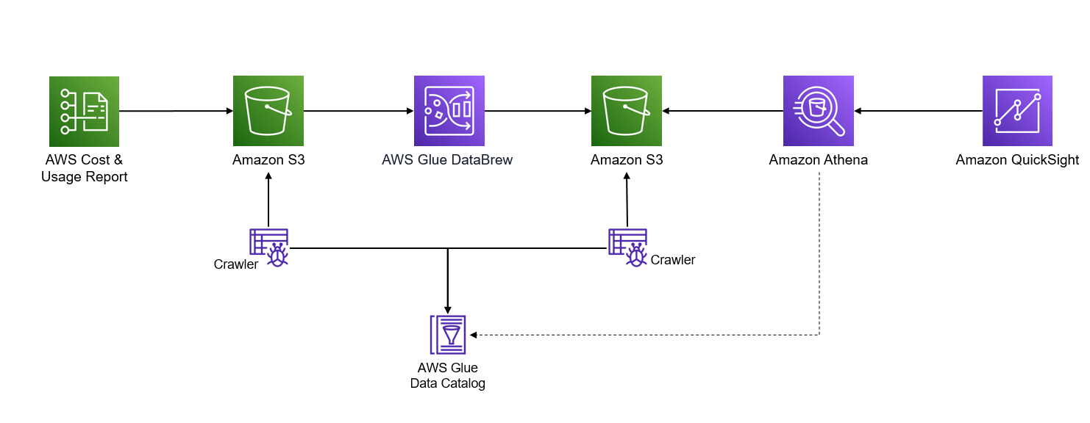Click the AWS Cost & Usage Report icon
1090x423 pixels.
tap(84, 111)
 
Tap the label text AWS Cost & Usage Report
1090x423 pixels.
tap(84, 168)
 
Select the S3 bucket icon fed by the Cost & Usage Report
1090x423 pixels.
tap(268, 111)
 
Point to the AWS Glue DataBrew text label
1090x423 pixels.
tap(447, 159)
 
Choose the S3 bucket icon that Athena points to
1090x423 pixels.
tap(627, 111)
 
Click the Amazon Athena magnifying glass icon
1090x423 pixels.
tap(818, 111)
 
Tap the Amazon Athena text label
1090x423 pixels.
tap(818, 159)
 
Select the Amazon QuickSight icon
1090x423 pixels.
tap(1017, 111)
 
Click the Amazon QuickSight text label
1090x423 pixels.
tap(1017, 159)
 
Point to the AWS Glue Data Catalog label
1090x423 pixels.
tap(447, 375)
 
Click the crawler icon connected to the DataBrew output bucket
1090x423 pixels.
tap(627, 247)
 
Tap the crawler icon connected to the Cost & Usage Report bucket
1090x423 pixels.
tap(269, 247)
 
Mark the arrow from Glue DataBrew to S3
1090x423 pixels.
tap(537, 111)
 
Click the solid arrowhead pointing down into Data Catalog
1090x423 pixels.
tap(447, 309)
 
